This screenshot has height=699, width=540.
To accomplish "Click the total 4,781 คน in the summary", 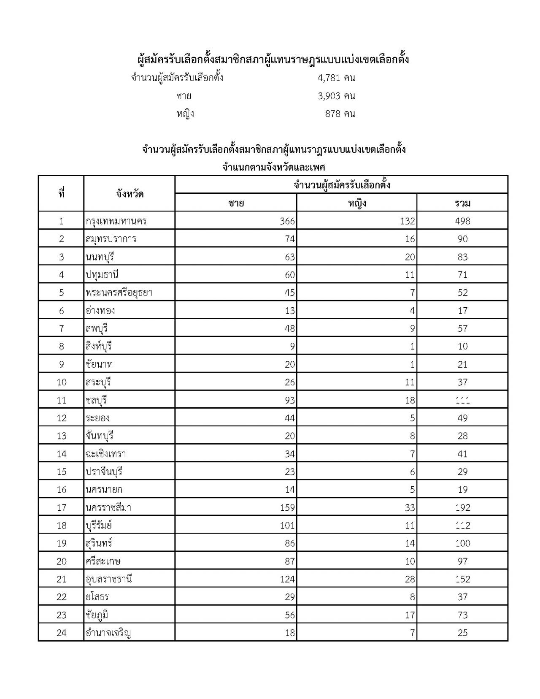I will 336,78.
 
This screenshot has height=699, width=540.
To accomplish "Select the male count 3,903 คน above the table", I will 336,96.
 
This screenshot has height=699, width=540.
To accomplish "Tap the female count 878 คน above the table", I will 340,114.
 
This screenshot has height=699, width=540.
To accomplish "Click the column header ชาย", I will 236,203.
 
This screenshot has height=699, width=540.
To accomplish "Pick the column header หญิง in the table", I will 357,203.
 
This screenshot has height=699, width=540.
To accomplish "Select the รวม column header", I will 462,203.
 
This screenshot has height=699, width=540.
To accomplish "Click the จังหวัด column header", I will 130,194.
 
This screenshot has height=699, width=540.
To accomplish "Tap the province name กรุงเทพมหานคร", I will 116,221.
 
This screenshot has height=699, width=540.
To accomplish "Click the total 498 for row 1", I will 462,221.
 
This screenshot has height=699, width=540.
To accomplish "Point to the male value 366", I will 287,221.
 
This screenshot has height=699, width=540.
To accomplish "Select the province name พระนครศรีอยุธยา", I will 119,293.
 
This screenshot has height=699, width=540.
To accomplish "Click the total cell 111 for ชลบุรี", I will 462,400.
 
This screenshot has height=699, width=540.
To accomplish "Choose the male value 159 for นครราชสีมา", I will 287,507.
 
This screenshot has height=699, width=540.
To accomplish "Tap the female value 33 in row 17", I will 410,507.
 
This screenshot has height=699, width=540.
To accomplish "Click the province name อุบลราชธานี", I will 109,579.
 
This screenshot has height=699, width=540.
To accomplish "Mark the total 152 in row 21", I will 462,579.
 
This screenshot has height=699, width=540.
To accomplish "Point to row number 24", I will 62,633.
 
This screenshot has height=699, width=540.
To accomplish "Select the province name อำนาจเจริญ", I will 108,633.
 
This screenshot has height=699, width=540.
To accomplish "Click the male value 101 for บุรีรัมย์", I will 287,526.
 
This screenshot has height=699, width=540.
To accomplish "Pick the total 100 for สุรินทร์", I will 462,543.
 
